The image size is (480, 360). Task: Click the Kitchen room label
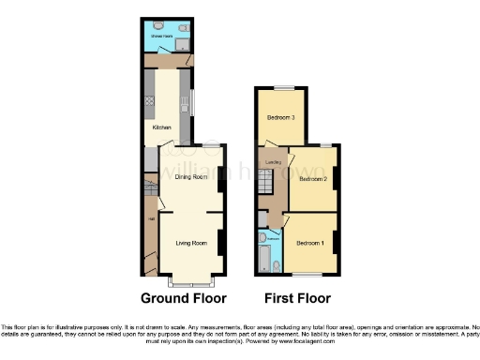pyautogui.click(x=162, y=126)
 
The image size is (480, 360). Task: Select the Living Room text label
pyautogui.click(x=191, y=243)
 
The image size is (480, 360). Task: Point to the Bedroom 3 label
pyautogui.click(x=279, y=118)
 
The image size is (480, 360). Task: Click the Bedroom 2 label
pyautogui.click(x=311, y=178)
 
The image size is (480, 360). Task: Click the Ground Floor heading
pyautogui.click(x=184, y=299)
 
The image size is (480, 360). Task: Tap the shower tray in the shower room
pyautogui.click(x=181, y=42)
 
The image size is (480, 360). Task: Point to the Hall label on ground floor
pyautogui.click(x=149, y=221)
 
